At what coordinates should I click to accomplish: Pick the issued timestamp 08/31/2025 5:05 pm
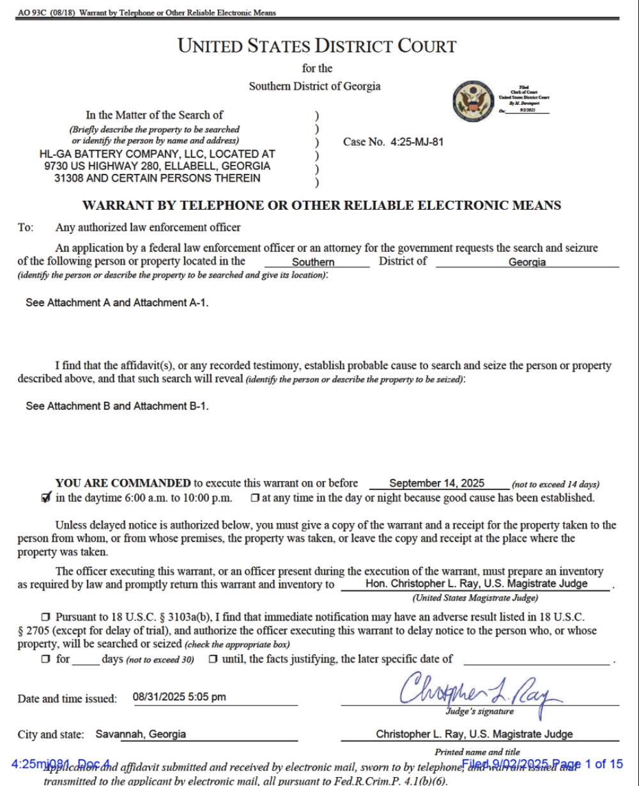pos(179,697)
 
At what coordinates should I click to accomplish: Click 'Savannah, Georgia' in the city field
pos(141,734)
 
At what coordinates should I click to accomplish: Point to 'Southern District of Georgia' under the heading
pos(314,86)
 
